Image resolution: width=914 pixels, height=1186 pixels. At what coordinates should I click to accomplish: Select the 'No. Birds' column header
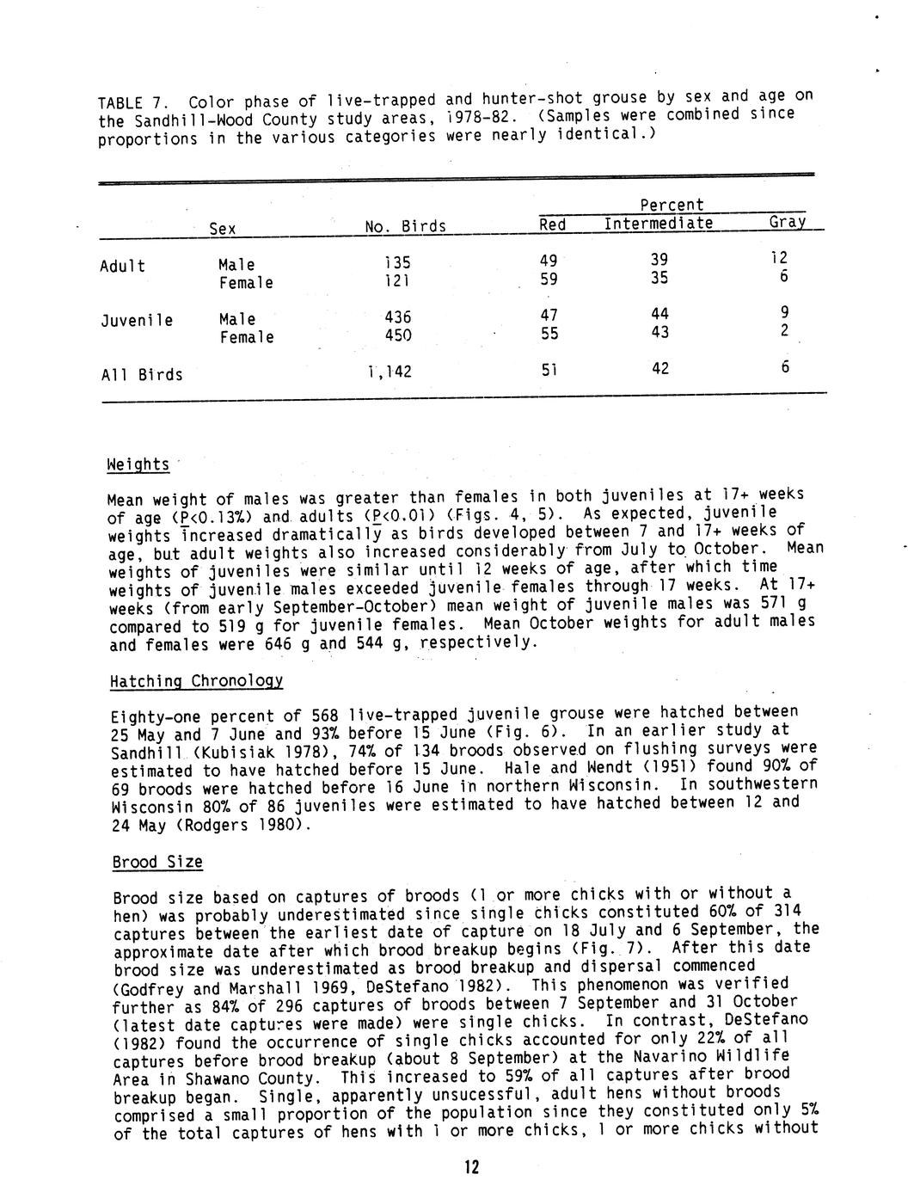[x=405, y=227]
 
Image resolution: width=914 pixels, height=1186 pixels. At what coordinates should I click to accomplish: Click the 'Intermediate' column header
[x=658, y=224]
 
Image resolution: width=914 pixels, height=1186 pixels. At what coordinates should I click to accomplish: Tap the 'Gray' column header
[x=787, y=222]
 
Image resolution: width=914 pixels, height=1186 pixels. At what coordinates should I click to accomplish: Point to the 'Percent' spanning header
[x=672, y=206]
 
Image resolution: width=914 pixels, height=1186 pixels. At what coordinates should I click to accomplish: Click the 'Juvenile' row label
[x=137, y=321]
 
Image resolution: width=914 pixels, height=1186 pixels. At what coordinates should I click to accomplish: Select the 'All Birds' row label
[x=142, y=375]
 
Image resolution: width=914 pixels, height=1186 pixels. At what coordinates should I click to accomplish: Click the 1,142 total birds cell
[x=389, y=372]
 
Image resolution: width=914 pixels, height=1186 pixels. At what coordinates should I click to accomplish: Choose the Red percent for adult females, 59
[x=549, y=279]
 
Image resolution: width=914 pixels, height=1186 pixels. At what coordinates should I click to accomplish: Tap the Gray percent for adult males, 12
[x=778, y=258]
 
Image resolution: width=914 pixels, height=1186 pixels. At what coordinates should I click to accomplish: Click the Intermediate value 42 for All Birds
[x=659, y=369]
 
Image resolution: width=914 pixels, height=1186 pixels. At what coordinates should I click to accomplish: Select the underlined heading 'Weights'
[x=138, y=464]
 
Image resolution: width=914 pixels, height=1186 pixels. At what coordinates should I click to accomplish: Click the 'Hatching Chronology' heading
[x=196, y=681]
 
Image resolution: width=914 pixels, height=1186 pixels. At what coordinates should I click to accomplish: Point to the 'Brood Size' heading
[x=157, y=862]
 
